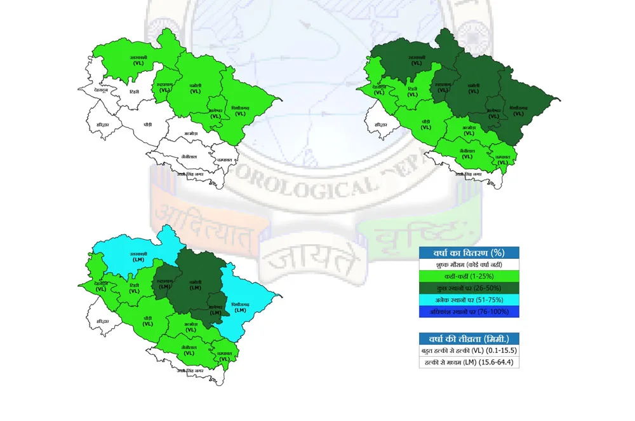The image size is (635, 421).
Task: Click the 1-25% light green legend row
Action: [469, 276]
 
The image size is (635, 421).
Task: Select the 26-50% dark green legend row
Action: [469, 288]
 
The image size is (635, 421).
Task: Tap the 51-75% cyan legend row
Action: [469, 300]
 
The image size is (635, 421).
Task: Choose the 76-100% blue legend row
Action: [469, 312]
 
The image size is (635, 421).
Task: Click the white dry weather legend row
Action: [469, 264]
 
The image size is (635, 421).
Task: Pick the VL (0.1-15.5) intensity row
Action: [469, 351]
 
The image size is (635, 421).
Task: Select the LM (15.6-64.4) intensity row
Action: [469, 362]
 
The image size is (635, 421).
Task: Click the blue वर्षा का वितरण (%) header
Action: [469, 252]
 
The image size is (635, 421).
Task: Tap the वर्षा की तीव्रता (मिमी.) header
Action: [469, 339]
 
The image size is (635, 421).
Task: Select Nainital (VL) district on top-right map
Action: [467, 153]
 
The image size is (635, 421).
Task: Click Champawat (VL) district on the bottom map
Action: [224, 356]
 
